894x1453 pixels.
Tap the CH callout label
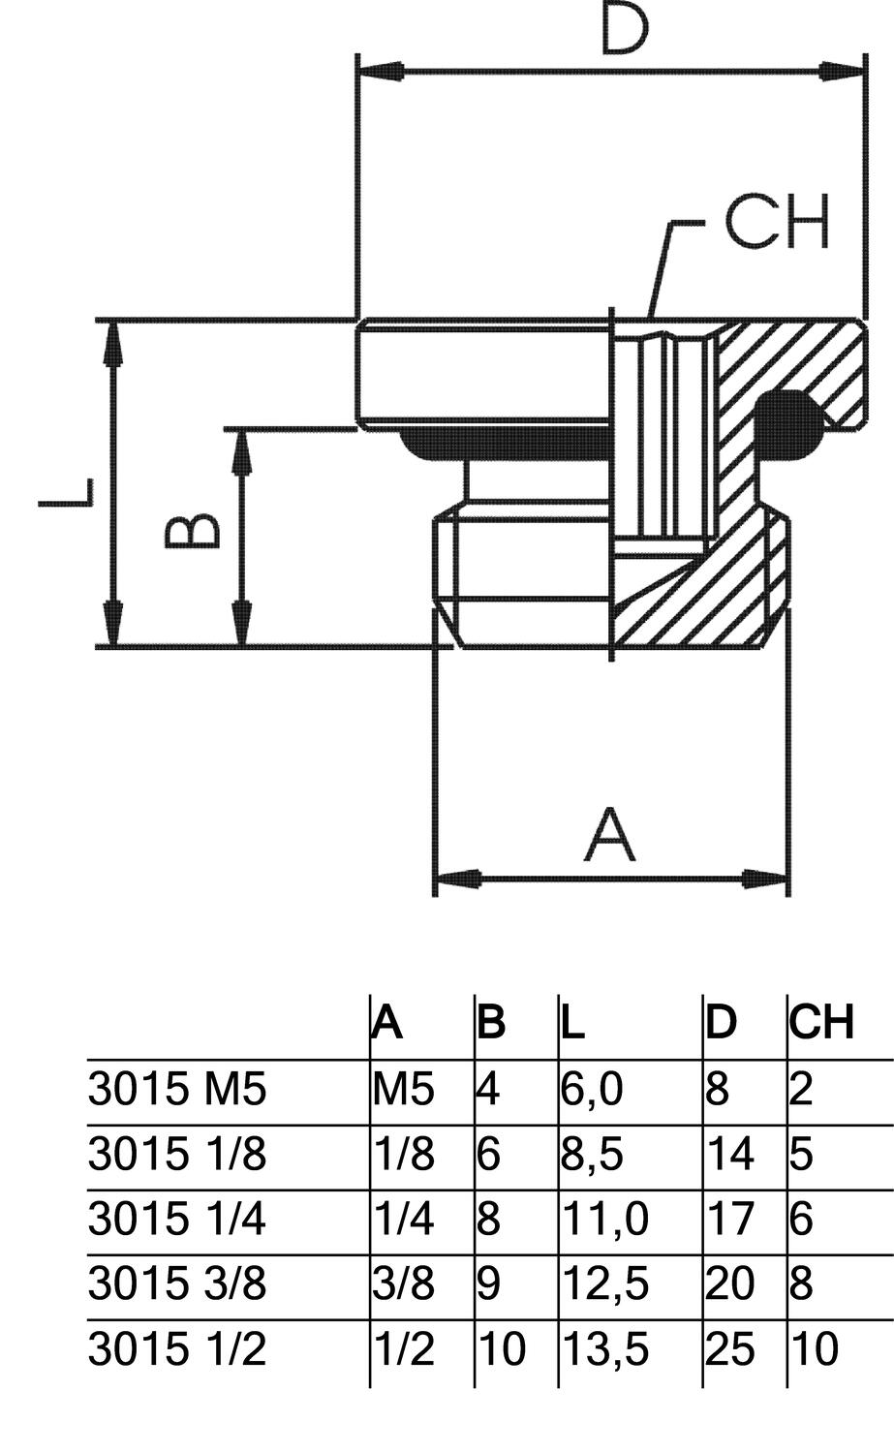(x=777, y=222)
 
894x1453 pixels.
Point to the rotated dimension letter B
(x=193, y=532)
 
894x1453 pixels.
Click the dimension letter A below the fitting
(x=610, y=835)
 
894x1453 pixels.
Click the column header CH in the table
(x=821, y=1023)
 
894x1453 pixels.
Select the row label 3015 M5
(x=176, y=1090)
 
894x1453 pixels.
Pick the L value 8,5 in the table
(x=592, y=1155)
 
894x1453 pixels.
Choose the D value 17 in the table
(x=729, y=1219)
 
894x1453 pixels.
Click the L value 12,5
(x=604, y=1283)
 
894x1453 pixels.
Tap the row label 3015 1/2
(x=176, y=1348)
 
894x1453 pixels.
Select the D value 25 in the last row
(x=729, y=1348)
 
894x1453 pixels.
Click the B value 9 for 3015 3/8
(x=489, y=1283)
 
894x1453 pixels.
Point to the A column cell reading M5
(x=403, y=1090)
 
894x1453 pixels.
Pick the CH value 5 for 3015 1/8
(x=802, y=1155)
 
